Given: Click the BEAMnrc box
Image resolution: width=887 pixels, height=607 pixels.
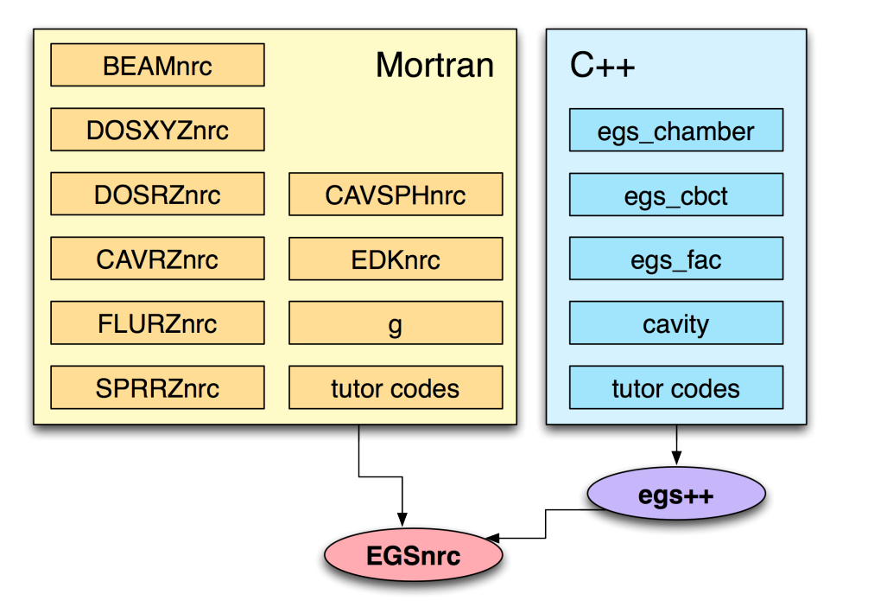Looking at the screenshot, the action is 157,65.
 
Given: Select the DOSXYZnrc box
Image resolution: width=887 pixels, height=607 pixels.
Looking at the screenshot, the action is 157,130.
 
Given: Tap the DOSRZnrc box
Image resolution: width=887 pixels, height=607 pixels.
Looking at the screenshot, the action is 157,194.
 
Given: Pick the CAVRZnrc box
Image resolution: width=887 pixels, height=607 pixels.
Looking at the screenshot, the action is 157,259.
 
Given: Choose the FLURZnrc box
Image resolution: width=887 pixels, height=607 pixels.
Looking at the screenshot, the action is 157,323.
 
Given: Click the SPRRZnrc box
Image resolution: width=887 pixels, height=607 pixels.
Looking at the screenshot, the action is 157,387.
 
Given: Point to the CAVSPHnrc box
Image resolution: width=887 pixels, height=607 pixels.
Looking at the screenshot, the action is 396,195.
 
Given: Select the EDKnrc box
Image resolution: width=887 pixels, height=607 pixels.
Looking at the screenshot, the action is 396,259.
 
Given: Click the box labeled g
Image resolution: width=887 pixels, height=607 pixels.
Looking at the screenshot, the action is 396,323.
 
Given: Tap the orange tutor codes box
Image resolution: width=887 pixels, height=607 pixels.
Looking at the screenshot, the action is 396,387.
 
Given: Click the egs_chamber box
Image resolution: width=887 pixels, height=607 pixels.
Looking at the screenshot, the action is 676,131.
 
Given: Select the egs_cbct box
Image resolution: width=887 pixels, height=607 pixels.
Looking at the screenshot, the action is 676,195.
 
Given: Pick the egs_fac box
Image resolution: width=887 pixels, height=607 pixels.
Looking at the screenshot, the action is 676,259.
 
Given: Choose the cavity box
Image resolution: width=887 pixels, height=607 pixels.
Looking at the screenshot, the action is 676,323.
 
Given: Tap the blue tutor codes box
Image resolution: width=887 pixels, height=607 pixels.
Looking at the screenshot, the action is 676,387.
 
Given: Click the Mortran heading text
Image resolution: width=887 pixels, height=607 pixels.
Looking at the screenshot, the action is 434,65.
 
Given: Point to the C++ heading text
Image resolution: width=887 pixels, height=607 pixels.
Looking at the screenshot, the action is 602,65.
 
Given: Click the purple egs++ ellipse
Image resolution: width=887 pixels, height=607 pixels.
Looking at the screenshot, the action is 676,494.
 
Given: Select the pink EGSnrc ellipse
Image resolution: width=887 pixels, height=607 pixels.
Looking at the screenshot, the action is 413,555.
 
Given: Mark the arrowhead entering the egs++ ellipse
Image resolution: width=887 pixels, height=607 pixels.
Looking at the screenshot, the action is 676,458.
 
